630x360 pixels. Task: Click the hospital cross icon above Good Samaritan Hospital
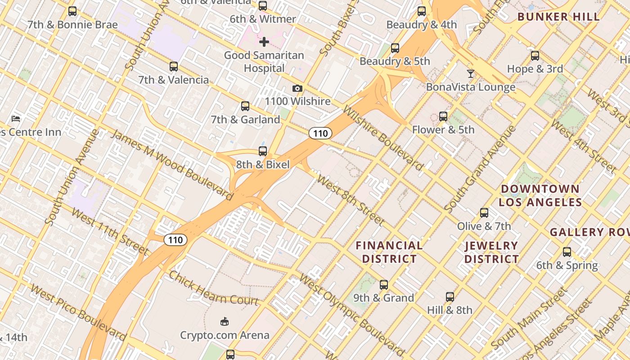click(264, 42)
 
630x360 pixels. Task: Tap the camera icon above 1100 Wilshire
click(297, 89)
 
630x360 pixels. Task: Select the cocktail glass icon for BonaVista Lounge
click(471, 73)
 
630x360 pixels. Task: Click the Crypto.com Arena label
click(225, 335)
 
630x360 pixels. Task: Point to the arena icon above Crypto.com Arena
click(225, 321)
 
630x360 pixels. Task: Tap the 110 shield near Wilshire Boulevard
click(320, 133)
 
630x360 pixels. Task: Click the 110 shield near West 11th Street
click(175, 240)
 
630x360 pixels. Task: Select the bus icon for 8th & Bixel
click(263, 151)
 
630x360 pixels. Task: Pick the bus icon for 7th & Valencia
click(174, 67)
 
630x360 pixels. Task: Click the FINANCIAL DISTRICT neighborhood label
click(389, 252)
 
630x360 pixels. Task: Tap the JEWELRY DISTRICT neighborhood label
click(491, 252)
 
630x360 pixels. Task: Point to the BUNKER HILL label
click(558, 17)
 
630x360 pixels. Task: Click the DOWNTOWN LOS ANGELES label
click(540, 195)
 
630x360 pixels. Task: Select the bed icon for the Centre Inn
click(16, 119)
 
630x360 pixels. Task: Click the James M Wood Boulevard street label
click(172, 165)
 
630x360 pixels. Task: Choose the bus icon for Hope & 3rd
click(535, 56)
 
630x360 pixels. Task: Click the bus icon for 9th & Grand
click(384, 284)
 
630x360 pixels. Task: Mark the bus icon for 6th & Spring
click(567, 252)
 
